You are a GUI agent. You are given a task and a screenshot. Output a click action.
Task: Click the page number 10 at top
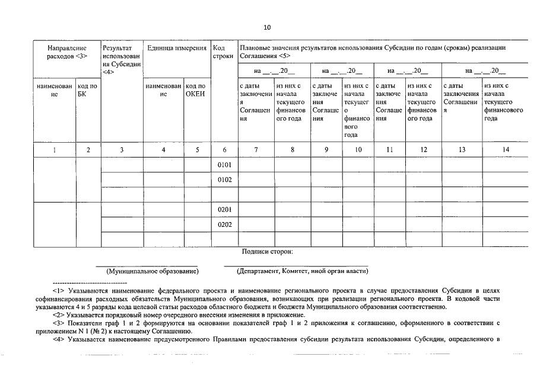point(267,27)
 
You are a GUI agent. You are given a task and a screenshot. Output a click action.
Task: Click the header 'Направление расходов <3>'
point(67,52)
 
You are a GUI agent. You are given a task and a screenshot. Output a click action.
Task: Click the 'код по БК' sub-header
point(88,90)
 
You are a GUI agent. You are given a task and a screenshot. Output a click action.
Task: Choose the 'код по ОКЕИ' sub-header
point(197,90)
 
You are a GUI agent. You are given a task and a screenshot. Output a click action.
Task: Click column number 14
point(506,150)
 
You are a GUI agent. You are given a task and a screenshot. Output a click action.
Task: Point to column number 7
point(256,150)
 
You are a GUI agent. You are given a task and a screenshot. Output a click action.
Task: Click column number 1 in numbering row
point(54,150)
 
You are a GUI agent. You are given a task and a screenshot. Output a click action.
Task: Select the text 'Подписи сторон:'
point(267,252)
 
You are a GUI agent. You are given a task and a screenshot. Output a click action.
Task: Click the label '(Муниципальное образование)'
point(152,271)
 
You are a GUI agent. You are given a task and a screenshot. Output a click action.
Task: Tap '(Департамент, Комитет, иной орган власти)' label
point(302,271)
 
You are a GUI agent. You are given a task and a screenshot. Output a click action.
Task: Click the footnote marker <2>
point(58,315)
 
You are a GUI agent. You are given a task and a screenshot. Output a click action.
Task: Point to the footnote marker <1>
point(58,291)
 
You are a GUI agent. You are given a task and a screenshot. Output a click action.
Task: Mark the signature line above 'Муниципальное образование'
point(147,265)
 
